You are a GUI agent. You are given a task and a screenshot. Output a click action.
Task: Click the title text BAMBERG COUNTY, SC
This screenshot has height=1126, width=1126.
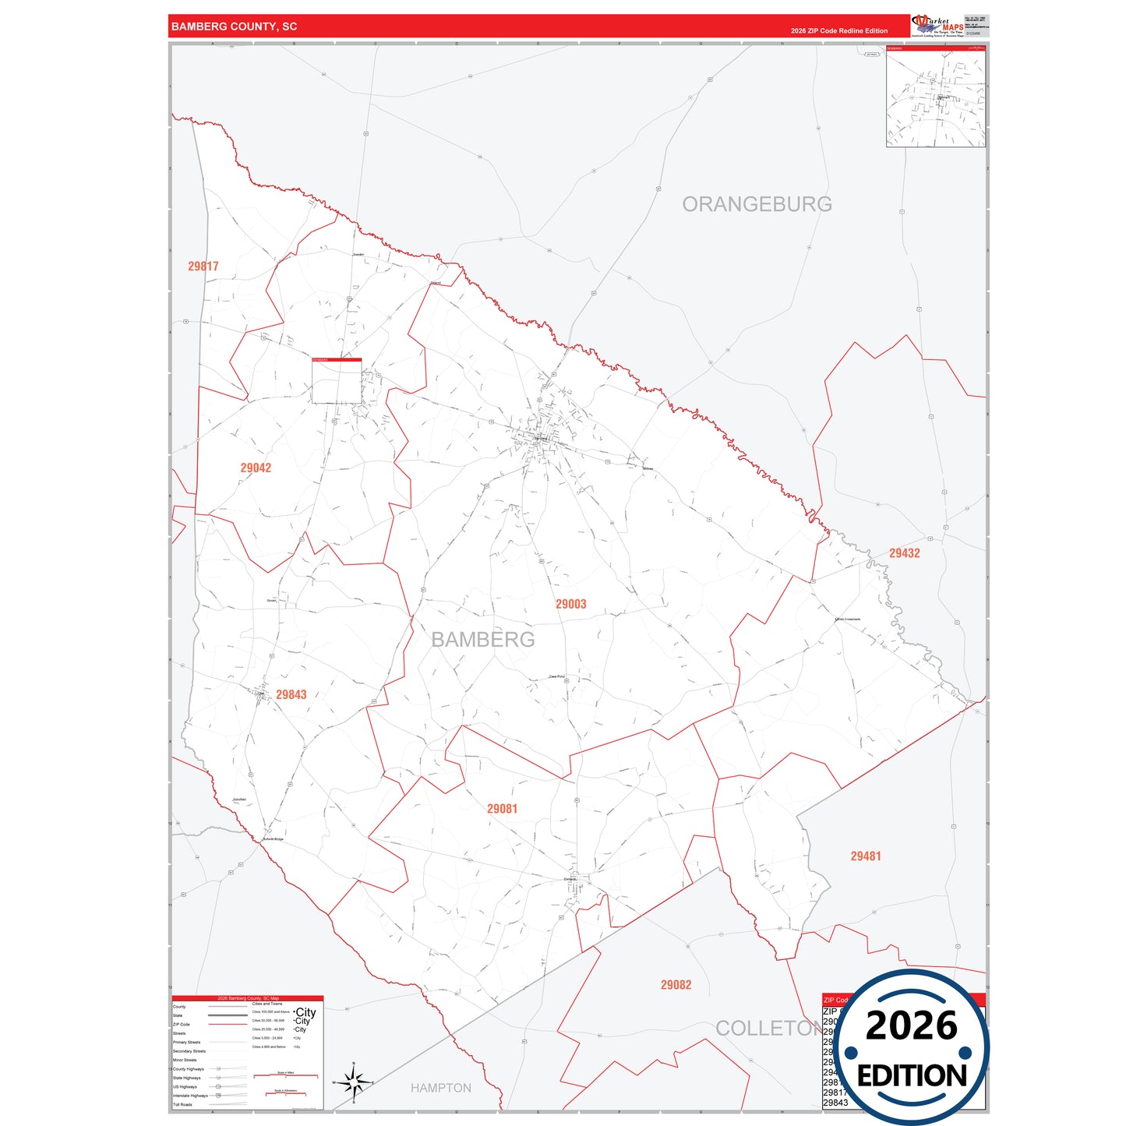tap(234, 26)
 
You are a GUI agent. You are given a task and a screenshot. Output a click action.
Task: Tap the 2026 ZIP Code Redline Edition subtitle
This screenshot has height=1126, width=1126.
tap(838, 31)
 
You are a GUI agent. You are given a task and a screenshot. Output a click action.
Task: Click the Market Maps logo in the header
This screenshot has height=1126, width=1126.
tap(937, 26)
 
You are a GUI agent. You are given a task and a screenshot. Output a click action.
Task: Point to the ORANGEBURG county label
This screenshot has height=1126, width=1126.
tap(757, 204)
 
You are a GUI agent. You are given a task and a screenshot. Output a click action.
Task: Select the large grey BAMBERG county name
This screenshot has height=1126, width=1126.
tap(483, 640)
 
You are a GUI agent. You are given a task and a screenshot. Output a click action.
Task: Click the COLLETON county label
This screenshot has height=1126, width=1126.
tap(767, 1029)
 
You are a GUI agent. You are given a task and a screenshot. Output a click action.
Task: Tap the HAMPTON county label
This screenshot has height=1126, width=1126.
tap(440, 1088)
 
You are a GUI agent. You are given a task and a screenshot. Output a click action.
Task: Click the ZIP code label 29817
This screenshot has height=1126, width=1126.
tap(203, 266)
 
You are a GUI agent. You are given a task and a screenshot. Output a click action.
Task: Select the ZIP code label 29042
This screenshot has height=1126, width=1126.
tap(256, 468)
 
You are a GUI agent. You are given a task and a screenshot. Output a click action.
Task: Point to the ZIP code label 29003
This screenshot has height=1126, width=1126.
tap(570, 604)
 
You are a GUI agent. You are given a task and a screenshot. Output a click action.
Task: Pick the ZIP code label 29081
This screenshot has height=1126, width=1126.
tap(502, 809)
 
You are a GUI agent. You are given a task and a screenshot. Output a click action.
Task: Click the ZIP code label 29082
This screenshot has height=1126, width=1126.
tap(676, 985)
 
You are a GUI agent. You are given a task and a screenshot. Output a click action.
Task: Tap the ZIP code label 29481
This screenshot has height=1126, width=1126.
tap(866, 856)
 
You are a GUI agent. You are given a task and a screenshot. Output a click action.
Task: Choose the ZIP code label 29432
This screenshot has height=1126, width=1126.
tap(905, 553)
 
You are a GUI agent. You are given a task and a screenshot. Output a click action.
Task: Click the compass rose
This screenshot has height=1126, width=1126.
tap(353, 1082)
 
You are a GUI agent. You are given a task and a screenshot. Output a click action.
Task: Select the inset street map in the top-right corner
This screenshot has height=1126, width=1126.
tap(936, 97)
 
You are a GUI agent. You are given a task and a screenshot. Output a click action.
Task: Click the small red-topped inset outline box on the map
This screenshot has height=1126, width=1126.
tap(337, 381)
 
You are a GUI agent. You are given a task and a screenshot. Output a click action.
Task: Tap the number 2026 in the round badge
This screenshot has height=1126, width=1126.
tap(911, 1025)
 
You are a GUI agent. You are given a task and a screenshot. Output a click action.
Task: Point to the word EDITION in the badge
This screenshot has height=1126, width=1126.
tap(912, 1076)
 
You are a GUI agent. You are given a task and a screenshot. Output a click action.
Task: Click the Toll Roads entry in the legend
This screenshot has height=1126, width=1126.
tap(182, 1104)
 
